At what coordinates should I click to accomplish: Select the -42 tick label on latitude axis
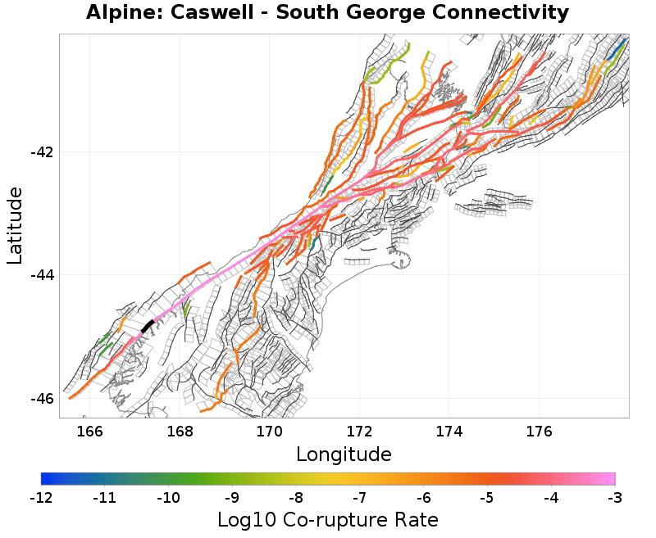tap(42, 152)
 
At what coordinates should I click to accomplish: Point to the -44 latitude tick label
tap(42, 275)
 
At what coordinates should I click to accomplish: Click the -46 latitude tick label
tap(42, 398)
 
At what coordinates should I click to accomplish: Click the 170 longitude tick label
tap(270, 431)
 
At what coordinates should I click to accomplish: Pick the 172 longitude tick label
tap(359, 431)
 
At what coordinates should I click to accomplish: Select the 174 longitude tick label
tap(449, 431)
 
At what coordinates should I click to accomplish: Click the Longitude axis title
tap(344, 454)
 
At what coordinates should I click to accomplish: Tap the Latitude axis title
tap(15, 225)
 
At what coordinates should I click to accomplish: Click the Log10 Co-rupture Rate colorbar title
tap(328, 519)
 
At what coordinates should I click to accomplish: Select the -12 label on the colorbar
tap(41, 497)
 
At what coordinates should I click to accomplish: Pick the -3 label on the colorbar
tap(615, 497)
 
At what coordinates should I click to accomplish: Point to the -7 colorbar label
tap(360, 497)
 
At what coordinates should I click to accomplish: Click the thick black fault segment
tap(148, 327)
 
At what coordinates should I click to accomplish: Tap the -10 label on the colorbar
tap(168, 497)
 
